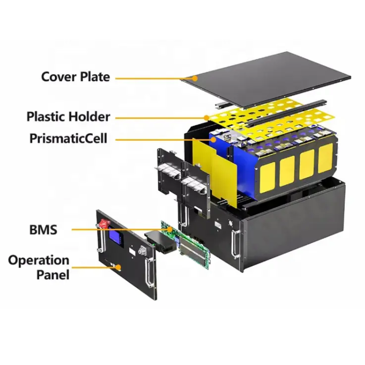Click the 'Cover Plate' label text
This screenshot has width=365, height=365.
tap(75, 77)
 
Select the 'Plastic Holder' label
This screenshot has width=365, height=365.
tap(68, 117)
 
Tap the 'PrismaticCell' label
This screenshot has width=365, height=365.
tap(68, 139)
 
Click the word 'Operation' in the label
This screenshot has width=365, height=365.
tap(39, 261)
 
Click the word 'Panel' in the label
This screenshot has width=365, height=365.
tap(53, 274)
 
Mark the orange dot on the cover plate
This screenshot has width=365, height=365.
tap(195, 78)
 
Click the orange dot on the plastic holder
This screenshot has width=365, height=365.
tap(206, 118)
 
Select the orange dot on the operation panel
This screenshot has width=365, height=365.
tap(118, 267)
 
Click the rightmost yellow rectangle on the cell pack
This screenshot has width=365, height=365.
tap(325, 157)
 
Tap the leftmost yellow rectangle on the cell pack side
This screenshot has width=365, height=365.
tap(267, 177)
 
